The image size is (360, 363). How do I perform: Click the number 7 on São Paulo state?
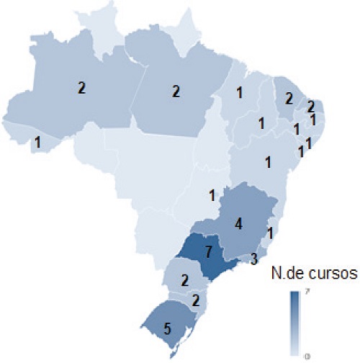point(207,254)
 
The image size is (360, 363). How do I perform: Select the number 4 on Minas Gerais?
point(238,224)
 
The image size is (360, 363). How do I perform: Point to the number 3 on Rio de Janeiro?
point(254,259)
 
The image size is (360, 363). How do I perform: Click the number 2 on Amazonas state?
point(81,89)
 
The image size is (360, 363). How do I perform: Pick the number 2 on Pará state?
point(176,91)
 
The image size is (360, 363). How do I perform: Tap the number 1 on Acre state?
point(37,143)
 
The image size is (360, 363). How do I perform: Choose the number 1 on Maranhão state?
point(239,92)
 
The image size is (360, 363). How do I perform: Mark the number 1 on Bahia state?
point(269,161)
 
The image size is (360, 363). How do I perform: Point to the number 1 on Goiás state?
point(212,194)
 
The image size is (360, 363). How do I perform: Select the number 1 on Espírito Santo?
point(269,233)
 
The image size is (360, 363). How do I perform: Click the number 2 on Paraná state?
point(185,279)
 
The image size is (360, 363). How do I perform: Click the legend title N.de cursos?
point(307,273)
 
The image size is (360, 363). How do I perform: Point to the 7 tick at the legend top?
point(307,292)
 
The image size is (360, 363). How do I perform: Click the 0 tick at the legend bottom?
point(307,355)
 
